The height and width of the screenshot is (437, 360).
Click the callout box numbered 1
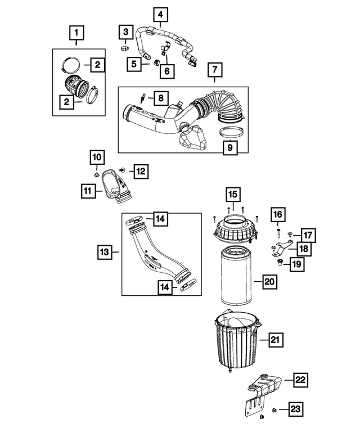tap(76, 33)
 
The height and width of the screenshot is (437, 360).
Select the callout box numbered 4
tap(160, 15)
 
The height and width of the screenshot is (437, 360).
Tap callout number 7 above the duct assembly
tap(214, 69)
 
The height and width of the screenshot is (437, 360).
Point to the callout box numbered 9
tap(230, 147)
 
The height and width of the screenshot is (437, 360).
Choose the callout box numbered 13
tap(105, 252)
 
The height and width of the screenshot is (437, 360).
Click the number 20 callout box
tap(269, 282)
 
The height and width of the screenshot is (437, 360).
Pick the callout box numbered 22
tap(300, 380)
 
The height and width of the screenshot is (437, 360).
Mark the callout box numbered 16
tap(277, 215)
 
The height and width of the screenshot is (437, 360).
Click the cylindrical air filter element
tap(237, 276)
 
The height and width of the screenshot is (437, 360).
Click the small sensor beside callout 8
tap(142, 98)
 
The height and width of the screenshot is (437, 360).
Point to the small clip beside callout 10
tap(96, 175)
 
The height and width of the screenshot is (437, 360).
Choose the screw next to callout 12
tap(122, 170)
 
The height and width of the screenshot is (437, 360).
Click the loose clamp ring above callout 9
tap(230, 132)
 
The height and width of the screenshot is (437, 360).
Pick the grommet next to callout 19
tap(280, 262)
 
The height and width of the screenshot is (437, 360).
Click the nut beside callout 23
tap(274, 409)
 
